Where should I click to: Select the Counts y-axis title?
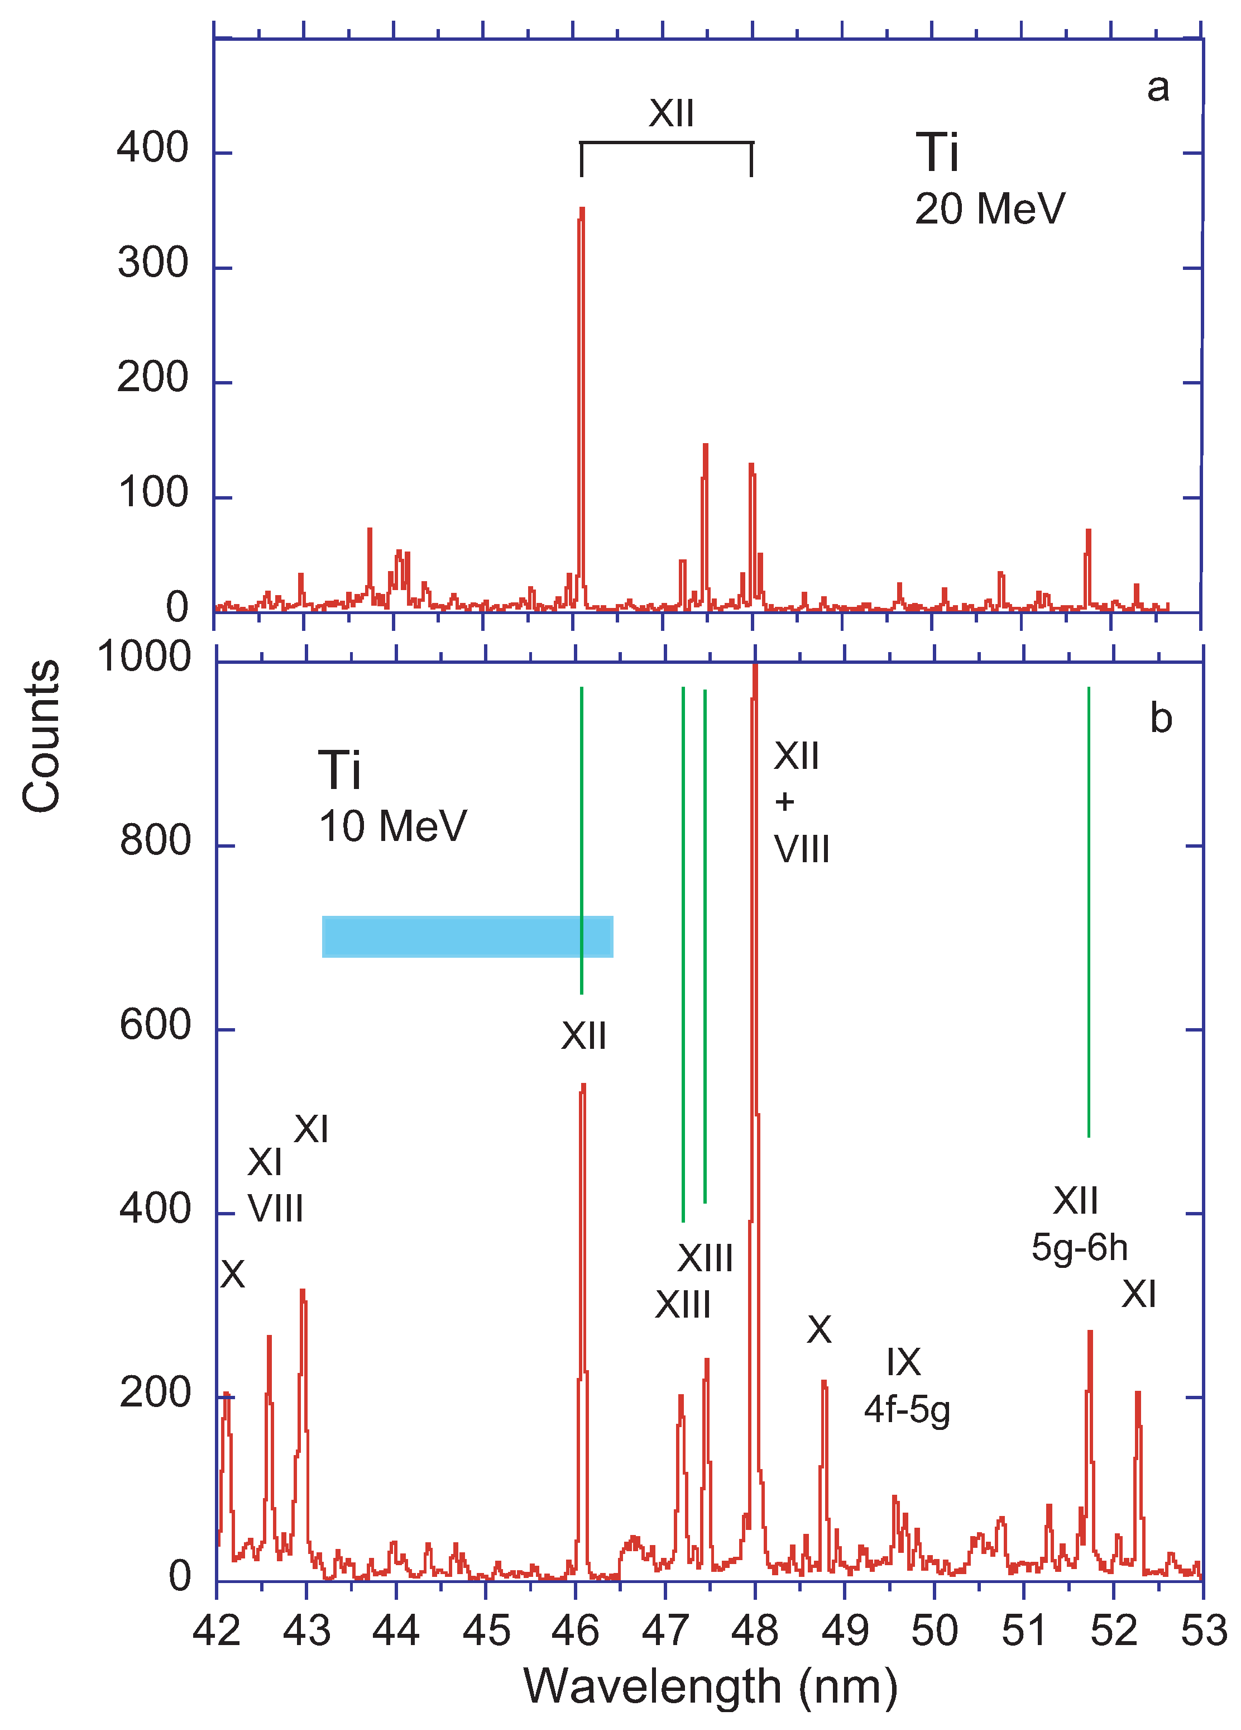41,736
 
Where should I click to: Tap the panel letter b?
1160,719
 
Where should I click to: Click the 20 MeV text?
989,209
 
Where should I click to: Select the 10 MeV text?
392,826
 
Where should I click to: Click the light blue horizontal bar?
467,936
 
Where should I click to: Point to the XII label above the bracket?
671,113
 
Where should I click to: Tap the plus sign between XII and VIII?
784,802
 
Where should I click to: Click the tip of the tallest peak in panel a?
582,209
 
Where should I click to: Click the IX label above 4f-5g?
903,1362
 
